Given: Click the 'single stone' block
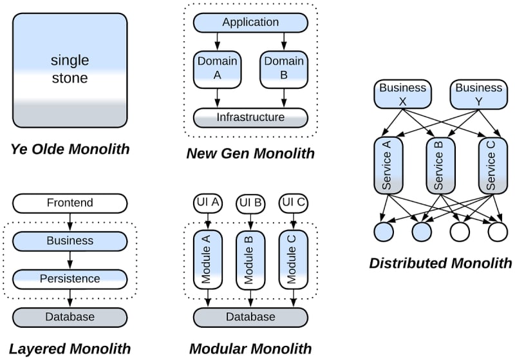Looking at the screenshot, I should tap(70, 71).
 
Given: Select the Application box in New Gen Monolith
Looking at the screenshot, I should tap(250, 23).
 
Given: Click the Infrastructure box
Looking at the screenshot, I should tap(250, 117).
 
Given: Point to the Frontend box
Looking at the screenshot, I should tap(70, 204).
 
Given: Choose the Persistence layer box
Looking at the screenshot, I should tap(70, 279).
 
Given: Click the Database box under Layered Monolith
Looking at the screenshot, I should tap(70, 317).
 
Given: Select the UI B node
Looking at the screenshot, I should tap(250, 204).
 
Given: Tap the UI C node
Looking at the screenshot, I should tap(293, 204).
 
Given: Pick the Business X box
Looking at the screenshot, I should tap(403, 94).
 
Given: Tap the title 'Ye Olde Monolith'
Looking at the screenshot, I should tap(70, 150).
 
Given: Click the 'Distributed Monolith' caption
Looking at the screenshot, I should tap(441, 263).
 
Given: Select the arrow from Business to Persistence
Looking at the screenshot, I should tap(70, 260).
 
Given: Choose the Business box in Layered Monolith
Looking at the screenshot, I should tap(70, 241).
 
